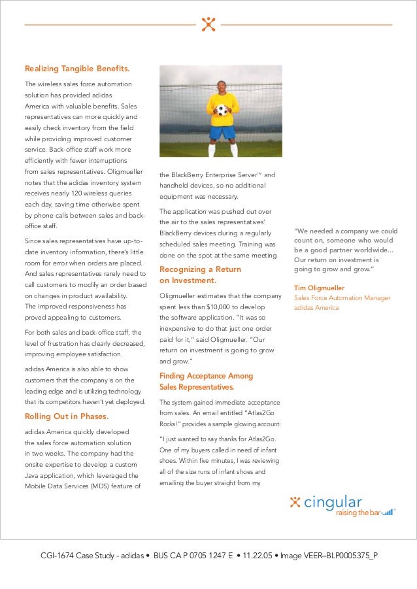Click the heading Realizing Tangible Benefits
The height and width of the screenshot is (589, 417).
tap(76, 69)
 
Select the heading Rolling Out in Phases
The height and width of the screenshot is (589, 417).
tap(66, 416)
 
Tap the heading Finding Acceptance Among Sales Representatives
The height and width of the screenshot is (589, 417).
tap(206, 381)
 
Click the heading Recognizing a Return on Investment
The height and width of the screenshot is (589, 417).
tap(200, 275)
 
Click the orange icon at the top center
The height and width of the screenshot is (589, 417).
tap(208, 24)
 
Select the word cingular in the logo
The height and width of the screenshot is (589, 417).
tap(333, 502)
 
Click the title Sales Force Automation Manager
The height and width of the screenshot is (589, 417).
tap(342, 297)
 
